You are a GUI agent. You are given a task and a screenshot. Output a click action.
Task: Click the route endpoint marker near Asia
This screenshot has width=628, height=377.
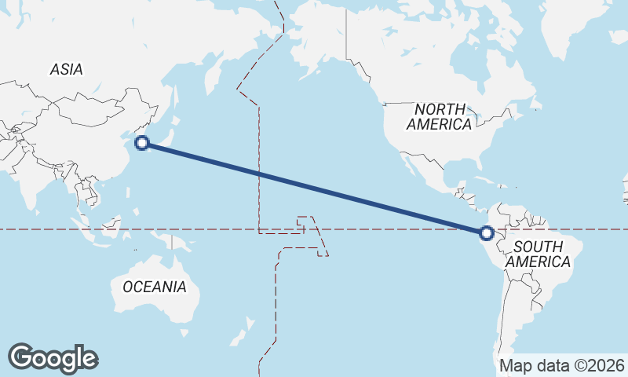point(142,142)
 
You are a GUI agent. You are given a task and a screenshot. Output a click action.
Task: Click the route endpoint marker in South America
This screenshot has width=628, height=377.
point(487,232)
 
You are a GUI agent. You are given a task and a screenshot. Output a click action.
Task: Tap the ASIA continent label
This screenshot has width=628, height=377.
point(66,69)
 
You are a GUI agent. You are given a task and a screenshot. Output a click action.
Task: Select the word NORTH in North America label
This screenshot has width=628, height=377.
point(440,109)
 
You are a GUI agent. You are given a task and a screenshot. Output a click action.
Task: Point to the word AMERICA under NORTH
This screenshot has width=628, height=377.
point(440,124)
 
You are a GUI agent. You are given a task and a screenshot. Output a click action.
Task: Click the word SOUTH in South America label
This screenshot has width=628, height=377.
point(538,247)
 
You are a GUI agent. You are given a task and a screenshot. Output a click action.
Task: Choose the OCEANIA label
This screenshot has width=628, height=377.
point(155,287)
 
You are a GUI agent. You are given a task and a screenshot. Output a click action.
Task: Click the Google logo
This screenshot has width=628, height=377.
point(53,358)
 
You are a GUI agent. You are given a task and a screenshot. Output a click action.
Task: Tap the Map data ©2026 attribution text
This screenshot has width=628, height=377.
point(562,365)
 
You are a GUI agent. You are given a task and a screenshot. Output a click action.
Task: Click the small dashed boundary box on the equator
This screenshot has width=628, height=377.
point(305,222)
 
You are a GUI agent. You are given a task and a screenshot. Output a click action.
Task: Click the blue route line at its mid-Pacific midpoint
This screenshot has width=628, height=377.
point(314,188)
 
